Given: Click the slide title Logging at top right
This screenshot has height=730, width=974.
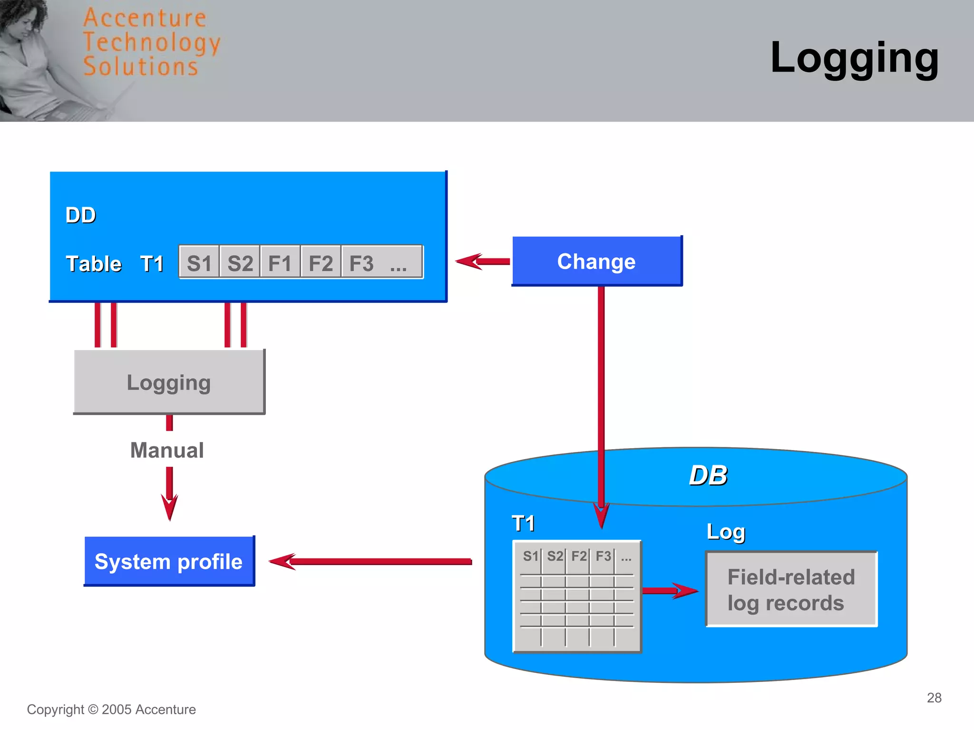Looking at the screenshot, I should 854,58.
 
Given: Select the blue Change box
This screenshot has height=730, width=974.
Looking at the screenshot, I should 596,261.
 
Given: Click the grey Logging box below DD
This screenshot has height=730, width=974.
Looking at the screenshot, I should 169,382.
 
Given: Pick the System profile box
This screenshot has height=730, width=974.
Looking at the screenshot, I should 169,561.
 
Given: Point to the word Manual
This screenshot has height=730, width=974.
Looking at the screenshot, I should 167,450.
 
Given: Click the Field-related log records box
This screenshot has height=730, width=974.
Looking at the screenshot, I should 791,589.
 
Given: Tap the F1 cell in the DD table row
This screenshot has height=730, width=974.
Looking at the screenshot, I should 280,263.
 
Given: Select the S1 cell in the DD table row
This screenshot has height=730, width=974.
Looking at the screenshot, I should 199,263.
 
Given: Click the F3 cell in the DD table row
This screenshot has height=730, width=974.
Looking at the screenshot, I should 361,263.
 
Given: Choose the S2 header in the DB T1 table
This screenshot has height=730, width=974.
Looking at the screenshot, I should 554,556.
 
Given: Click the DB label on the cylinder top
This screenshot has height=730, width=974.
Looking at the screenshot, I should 708,475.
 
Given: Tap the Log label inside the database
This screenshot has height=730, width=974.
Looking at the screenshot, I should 725,531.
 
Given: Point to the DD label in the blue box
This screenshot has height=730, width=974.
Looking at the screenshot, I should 81,215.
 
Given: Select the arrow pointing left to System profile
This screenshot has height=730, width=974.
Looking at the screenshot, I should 371,561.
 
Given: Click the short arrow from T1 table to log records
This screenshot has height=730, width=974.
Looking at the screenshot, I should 670,591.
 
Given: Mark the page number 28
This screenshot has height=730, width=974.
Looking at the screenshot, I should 934,697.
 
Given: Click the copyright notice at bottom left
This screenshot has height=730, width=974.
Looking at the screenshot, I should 111,709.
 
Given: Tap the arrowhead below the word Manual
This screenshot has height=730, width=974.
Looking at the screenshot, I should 169,506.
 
